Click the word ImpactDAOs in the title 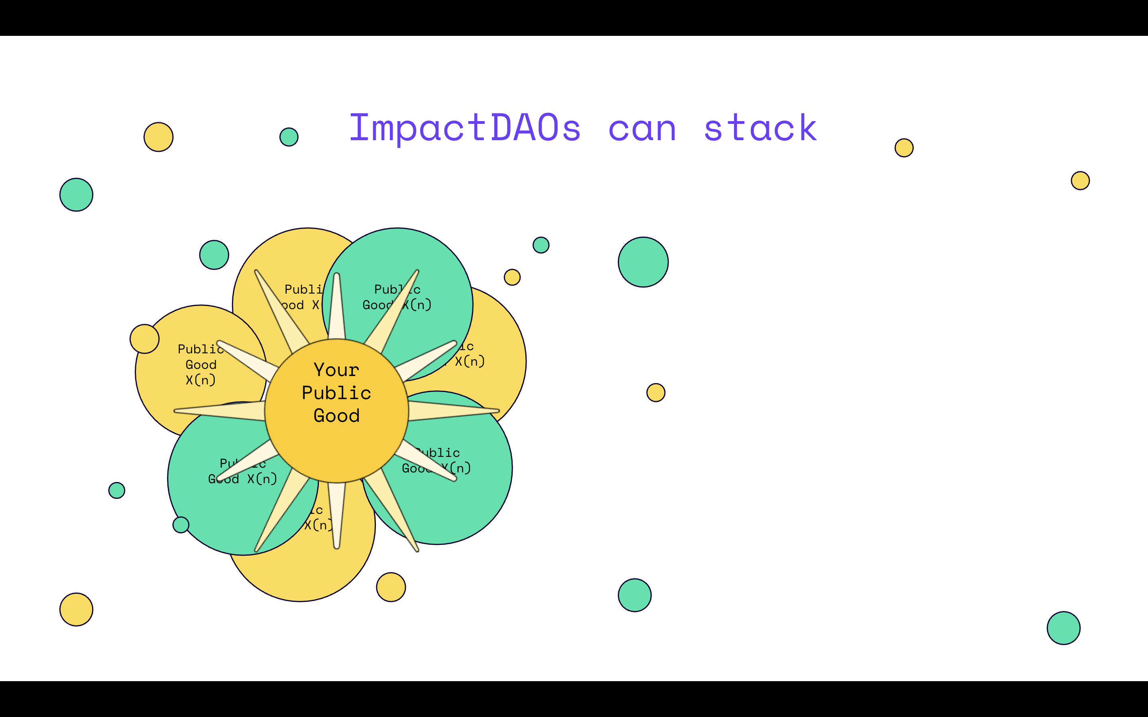465,128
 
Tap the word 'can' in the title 642,129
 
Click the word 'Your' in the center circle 336,370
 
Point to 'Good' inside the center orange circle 336,416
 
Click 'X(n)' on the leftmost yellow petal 200,380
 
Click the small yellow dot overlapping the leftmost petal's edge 144,339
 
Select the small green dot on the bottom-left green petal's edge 181,525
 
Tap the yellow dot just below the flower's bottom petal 391,587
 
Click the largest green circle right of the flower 643,262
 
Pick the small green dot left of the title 289,137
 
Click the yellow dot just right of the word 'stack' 904,147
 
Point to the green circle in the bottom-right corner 1063,628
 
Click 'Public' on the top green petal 397,289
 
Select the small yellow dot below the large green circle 656,392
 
